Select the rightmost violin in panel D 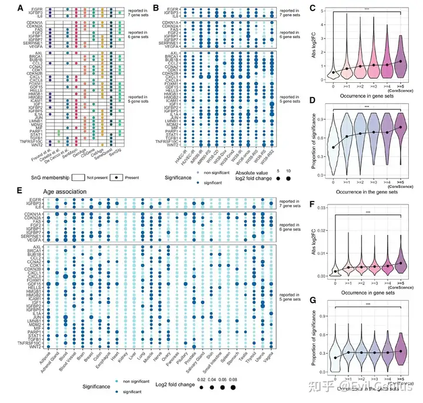click(401, 141)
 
